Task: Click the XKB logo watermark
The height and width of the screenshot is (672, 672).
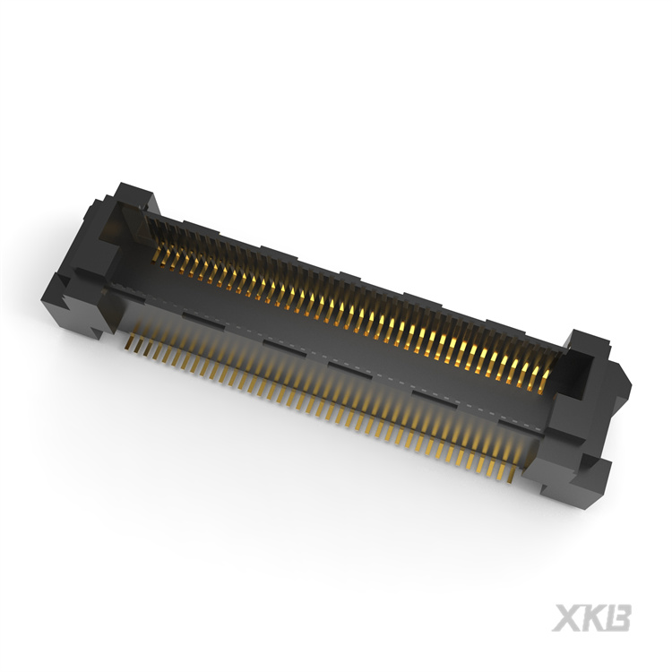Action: click(591, 617)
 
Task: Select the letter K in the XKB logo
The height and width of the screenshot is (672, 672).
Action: click(592, 617)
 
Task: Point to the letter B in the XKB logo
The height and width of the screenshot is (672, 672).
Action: click(617, 617)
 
